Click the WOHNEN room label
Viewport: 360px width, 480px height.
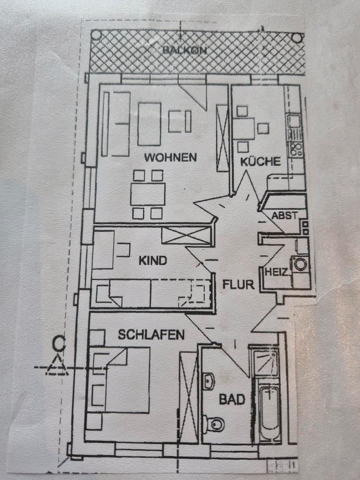point(170,157)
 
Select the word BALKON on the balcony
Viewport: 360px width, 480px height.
point(184,50)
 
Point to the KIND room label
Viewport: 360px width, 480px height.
point(152,260)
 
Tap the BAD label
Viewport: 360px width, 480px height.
point(232,399)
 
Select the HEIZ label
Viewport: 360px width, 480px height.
point(275,272)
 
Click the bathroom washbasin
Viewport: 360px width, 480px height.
point(209,381)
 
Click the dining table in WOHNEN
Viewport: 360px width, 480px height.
point(147,194)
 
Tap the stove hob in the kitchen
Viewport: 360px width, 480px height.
point(295,148)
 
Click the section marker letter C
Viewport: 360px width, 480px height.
point(59,343)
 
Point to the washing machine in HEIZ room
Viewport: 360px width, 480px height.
point(300,263)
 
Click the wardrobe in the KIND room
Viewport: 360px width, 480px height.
point(186,235)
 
